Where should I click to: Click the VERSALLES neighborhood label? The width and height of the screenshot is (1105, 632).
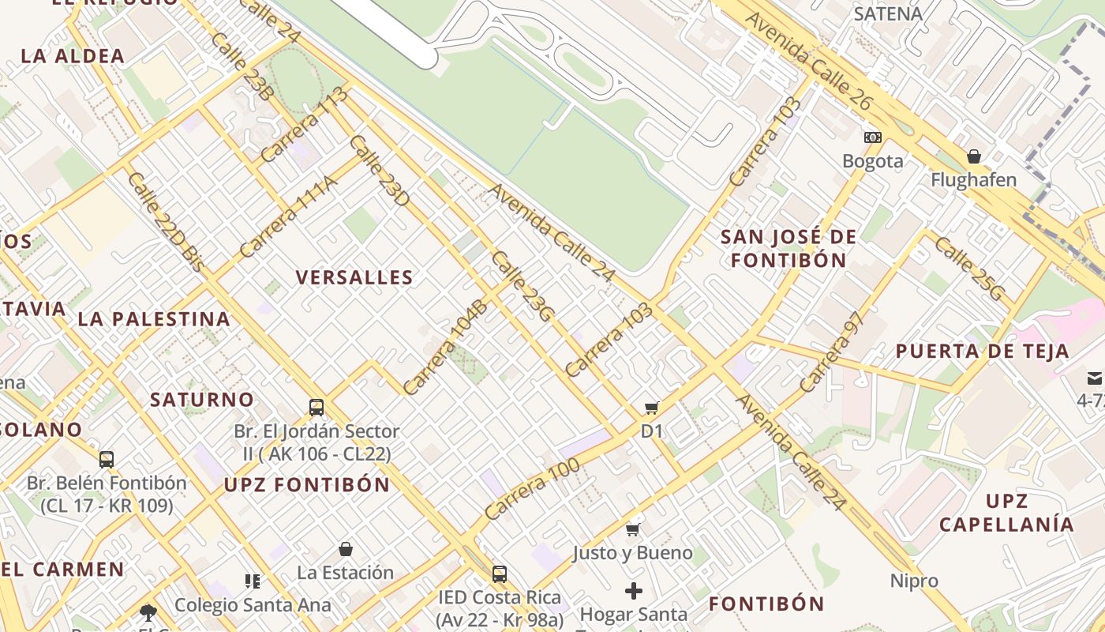tap(354, 277)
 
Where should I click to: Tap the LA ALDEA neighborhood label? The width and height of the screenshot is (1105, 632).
tap(73, 56)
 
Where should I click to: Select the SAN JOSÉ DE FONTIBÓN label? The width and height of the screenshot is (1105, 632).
tap(788, 248)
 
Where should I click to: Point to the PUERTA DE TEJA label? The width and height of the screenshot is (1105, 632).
tap(982, 351)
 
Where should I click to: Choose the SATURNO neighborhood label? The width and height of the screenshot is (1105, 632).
tap(202, 399)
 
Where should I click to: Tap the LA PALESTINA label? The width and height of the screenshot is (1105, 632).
tap(154, 319)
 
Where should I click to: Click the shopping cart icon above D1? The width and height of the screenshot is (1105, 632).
tap(651, 408)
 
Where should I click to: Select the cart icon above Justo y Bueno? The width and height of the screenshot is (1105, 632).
tap(632, 529)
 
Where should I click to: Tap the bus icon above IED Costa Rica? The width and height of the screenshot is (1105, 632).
tap(499, 574)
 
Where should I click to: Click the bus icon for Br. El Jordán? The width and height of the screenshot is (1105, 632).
tap(317, 408)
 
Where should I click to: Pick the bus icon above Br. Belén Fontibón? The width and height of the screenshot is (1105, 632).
tap(107, 459)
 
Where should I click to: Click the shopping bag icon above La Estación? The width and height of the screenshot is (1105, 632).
tap(345, 548)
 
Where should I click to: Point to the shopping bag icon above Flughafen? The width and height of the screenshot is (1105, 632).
tap(973, 156)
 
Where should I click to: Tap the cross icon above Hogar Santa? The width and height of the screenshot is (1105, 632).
tap(633, 590)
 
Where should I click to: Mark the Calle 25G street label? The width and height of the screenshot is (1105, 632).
tap(970, 269)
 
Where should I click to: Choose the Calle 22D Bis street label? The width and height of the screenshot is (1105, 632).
tap(164, 223)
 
